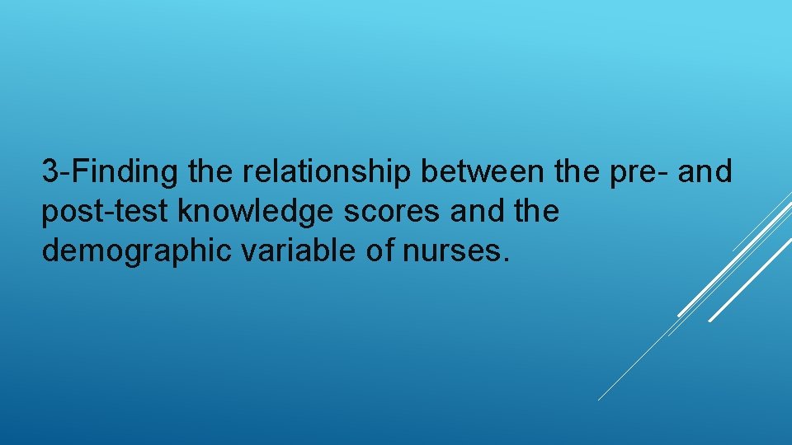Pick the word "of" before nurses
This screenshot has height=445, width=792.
379,251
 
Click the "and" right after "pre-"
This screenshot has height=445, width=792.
706,172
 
